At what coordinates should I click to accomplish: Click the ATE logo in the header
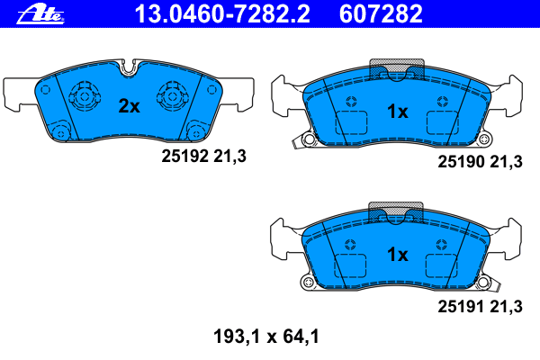tap(40, 15)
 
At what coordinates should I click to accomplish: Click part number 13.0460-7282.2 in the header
tap(222, 14)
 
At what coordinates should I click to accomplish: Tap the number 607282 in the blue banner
tap(381, 14)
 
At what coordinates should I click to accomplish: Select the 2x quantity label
tap(129, 106)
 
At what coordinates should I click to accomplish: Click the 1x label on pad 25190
tap(398, 112)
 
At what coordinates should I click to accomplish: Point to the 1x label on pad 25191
tap(398, 255)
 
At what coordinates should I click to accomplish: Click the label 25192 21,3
tap(204, 157)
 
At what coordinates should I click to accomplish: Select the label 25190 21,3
tap(480, 162)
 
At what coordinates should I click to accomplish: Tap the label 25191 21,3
tap(480, 307)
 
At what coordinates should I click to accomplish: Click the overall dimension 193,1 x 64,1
tap(266, 337)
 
